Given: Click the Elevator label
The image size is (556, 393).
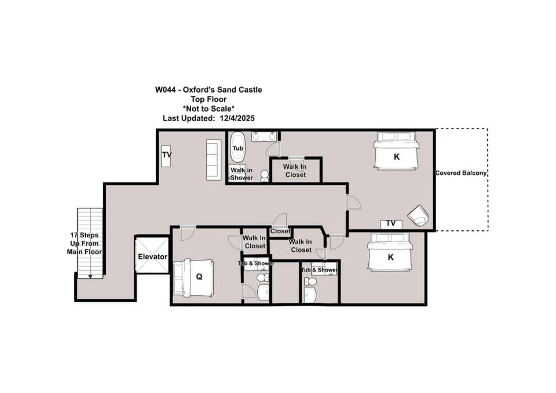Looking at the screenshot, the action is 152,256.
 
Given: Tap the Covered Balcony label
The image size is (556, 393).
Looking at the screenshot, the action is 460,173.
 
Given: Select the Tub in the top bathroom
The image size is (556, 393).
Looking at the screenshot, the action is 237,148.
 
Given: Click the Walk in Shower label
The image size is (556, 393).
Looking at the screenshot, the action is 242,174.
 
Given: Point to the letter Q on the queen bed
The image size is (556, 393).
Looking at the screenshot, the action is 199,277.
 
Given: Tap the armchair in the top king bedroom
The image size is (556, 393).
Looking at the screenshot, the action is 418,215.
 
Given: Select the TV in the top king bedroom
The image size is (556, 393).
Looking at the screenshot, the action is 391,224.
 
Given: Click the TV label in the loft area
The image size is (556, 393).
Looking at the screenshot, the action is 167,155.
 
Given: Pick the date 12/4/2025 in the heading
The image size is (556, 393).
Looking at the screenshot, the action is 237,118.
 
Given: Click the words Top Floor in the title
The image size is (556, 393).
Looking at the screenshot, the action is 209,99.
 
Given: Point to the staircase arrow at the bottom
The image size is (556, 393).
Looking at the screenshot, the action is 90,276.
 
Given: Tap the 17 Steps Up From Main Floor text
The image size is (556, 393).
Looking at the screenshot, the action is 85,244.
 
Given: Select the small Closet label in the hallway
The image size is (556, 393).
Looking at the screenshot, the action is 280,232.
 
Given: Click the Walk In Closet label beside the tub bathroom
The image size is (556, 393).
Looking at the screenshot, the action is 295,171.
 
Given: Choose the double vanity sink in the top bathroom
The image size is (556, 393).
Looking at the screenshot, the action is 265,137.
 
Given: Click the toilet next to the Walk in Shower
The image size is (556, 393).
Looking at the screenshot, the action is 265,175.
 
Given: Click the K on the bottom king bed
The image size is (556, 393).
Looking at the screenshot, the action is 390,258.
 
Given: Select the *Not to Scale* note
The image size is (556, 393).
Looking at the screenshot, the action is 209,109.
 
